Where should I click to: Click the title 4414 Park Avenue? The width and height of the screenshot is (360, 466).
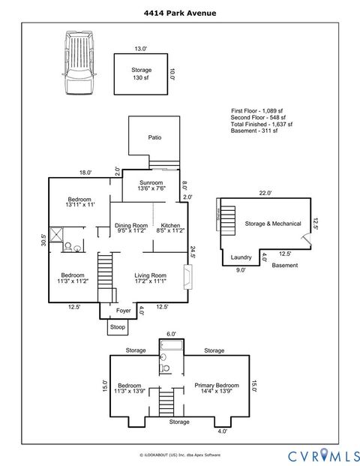(x=179, y=13)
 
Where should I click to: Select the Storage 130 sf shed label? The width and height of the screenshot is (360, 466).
(x=142, y=74)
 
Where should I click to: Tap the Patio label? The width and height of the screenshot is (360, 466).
(x=154, y=137)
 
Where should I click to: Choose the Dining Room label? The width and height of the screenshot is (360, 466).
(x=131, y=229)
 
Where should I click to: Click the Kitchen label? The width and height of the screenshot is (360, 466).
(x=168, y=229)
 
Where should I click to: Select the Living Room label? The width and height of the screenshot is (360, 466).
(x=150, y=278)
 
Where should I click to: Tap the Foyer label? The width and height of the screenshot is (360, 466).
(x=123, y=310)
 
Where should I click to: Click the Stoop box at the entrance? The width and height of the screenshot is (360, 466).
(x=118, y=327)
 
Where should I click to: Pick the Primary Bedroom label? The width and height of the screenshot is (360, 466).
(x=217, y=388)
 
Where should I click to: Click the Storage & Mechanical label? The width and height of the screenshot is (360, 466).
(x=272, y=224)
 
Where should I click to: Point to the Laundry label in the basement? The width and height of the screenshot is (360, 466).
(x=241, y=257)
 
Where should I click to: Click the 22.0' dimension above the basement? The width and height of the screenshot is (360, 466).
(x=265, y=193)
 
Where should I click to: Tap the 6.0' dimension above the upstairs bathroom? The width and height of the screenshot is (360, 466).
(x=171, y=335)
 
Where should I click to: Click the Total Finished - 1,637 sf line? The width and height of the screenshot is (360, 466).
(x=261, y=125)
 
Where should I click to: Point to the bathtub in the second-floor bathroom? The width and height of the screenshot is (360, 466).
(x=171, y=346)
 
